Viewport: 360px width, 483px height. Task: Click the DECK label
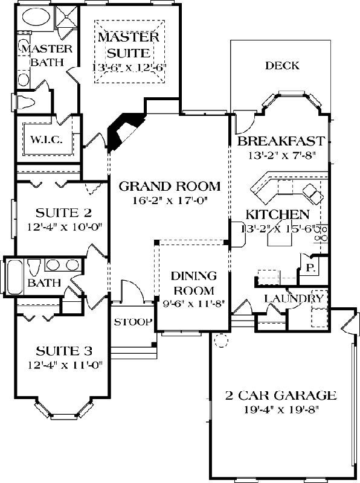click(282, 65)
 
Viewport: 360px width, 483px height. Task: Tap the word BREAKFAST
click(281, 141)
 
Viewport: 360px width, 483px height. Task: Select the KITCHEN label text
click(277, 214)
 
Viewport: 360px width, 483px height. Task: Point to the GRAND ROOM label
click(169, 186)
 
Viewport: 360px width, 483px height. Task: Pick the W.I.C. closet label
click(43, 140)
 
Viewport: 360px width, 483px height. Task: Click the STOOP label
click(133, 322)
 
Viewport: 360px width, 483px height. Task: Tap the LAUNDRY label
click(294, 298)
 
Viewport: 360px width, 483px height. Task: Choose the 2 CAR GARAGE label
click(280, 396)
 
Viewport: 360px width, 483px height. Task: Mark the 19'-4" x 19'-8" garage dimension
click(280, 410)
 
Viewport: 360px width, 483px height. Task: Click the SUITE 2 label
click(59, 213)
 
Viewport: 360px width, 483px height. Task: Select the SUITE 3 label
click(59, 350)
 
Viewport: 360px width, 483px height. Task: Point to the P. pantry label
click(310, 266)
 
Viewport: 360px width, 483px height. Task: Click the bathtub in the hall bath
click(14, 275)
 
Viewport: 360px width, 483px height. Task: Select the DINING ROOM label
click(193, 282)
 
